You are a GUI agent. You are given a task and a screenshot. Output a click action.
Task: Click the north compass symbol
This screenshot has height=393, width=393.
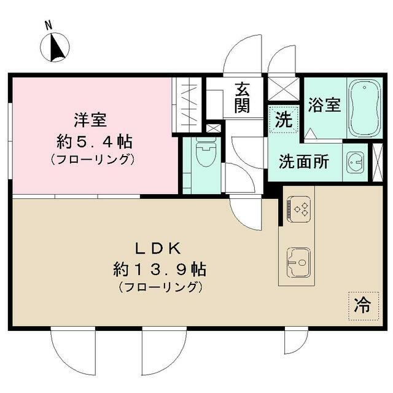point(55,47)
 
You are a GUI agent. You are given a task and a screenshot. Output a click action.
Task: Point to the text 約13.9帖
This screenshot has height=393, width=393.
point(159,269)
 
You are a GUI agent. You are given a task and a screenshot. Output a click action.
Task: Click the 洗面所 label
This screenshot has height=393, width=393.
point(303,161)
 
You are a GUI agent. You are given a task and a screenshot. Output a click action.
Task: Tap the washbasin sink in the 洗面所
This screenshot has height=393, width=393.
point(355,162)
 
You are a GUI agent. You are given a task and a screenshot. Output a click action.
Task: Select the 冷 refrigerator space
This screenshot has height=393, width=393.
point(364,306)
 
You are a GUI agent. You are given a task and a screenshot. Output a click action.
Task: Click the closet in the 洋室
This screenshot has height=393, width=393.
point(187,104)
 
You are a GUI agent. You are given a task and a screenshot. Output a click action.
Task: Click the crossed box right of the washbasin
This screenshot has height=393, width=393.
point(378,161)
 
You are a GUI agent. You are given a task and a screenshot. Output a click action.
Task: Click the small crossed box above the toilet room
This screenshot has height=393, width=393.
point(214,129)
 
